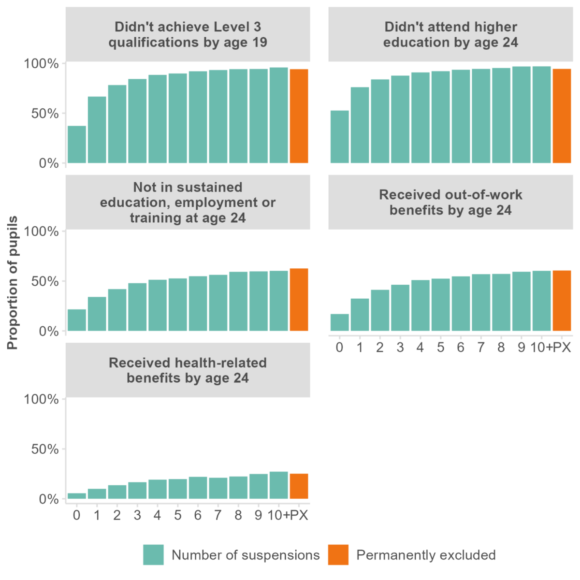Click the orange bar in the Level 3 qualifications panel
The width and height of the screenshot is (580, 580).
tap(299, 116)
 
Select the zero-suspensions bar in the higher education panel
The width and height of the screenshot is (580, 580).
tap(339, 137)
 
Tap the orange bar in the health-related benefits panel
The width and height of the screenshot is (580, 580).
tap(299, 486)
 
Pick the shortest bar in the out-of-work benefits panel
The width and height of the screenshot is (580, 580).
tap(339, 322)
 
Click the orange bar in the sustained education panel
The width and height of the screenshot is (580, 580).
tap(299, 300)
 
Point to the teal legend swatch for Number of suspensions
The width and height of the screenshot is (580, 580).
tap(153, 555)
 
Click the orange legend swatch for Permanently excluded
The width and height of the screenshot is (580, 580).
tap(338, 555)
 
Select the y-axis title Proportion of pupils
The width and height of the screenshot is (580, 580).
tap(13, 283)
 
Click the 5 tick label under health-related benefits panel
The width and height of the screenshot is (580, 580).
tap(177, 515)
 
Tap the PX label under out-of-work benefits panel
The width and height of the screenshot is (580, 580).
tap(562, 348)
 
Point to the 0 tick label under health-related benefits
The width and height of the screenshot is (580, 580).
tap(76, 515)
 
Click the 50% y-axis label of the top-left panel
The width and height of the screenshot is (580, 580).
tap(45, 114)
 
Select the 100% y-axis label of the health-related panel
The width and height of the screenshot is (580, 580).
tap(41, 399)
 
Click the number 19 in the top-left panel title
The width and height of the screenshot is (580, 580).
tap(260, 42)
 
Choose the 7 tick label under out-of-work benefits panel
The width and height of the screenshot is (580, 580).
tap(481, 348)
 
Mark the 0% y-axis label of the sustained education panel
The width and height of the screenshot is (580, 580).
tap(49, 332)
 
